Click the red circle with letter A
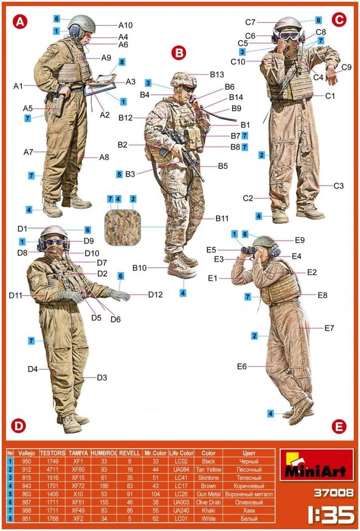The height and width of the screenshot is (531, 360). [20, 21]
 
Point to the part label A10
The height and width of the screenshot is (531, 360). [126, 25]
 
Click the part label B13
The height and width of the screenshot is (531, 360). [217, 75]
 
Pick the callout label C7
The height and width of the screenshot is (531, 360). [251, 22]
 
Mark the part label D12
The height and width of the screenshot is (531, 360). [156, 295]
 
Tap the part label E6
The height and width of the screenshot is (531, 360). [242, 367]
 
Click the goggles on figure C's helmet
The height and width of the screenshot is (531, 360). [289, 36]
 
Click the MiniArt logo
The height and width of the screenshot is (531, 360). [316, 465]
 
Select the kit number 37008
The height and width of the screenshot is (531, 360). [333, 493]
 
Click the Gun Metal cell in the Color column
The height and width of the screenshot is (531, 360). [208, 494]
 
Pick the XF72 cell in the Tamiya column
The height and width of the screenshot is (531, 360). [77, 486]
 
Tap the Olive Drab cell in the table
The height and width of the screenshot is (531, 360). [208, 502]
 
